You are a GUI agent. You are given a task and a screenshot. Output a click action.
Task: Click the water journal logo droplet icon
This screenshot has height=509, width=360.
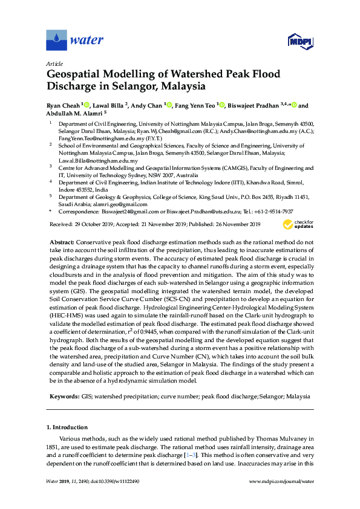click(x=56, y=40)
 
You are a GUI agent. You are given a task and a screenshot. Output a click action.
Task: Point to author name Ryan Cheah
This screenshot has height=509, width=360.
click(x=63, y=106)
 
